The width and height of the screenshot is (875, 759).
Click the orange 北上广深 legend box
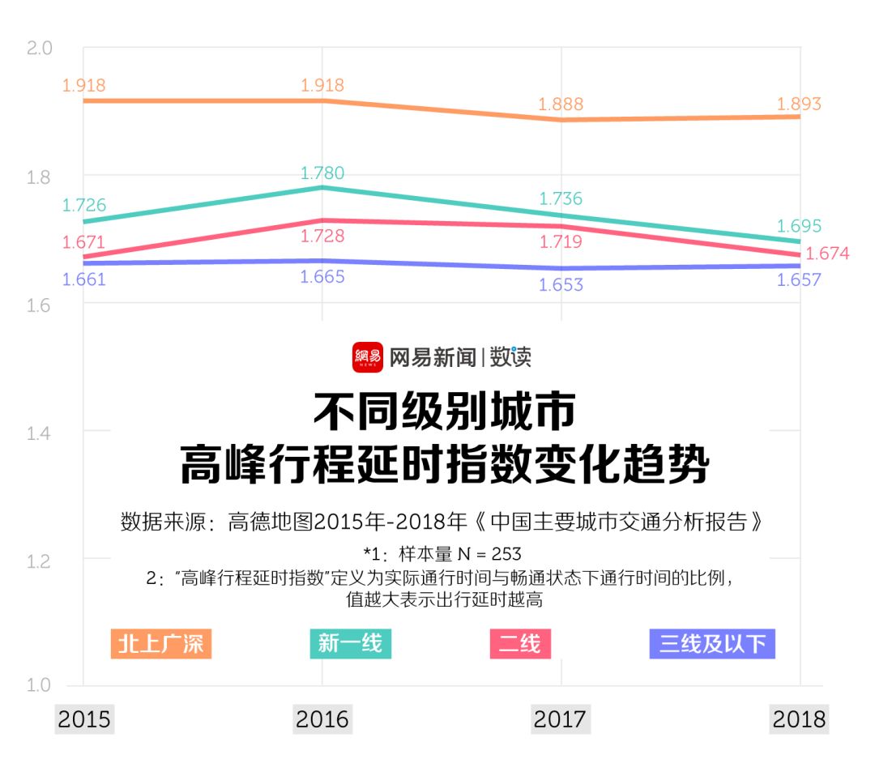[161, 644]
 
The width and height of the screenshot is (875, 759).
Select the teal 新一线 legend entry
[350, 643]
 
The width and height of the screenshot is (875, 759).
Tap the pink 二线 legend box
[520, 644]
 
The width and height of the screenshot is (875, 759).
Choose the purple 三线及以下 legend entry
[712, 644]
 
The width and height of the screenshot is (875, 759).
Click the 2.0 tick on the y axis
[39, 49]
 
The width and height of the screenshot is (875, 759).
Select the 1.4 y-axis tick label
[39, 433]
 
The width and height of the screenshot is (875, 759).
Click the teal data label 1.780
[322, 173]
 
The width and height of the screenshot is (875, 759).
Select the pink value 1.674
[828, 254]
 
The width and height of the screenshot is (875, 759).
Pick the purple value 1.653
[561, 285]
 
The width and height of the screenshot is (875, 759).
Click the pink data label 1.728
[322, 237]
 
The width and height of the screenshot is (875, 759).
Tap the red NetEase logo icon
[367, 357]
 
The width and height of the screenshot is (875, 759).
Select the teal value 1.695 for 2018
[799, 226]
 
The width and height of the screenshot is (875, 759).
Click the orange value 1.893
[799, 104]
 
